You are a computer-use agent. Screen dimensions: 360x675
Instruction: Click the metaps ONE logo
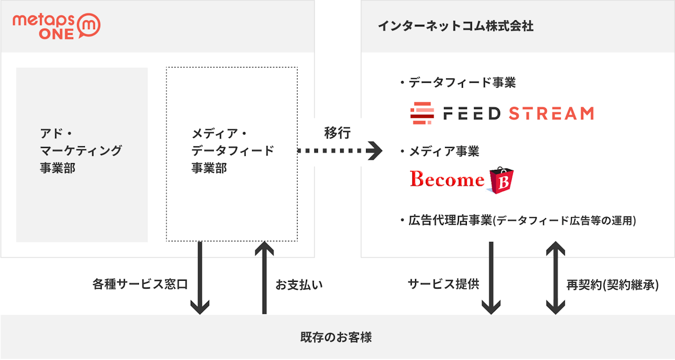[x=56, y=26]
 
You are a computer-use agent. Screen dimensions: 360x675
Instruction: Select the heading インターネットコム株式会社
[x=455, y=26]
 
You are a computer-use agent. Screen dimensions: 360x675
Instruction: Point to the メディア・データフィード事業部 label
[x=232, y=151]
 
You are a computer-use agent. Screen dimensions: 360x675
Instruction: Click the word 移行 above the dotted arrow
[x=337, y=133]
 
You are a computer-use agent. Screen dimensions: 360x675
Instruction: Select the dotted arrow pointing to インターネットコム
[x=340, y=151]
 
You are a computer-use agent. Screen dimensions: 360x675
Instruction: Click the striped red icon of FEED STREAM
[x=422, y=114]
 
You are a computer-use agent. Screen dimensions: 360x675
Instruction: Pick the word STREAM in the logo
[x=551, y=114]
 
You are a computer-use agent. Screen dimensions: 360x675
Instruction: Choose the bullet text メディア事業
[x=443, y=151]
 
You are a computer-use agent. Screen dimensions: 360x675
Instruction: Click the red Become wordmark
[x=447, y=179]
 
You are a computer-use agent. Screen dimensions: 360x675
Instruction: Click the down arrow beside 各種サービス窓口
[x=200, y=278]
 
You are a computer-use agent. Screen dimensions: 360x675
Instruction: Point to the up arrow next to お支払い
[x=263, y=278]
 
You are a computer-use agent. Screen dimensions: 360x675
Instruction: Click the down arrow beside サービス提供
[x=491, y=278]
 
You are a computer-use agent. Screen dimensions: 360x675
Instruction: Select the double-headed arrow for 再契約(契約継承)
[x=556, y=278]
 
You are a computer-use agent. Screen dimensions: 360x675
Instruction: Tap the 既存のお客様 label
[x=336, y=338]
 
